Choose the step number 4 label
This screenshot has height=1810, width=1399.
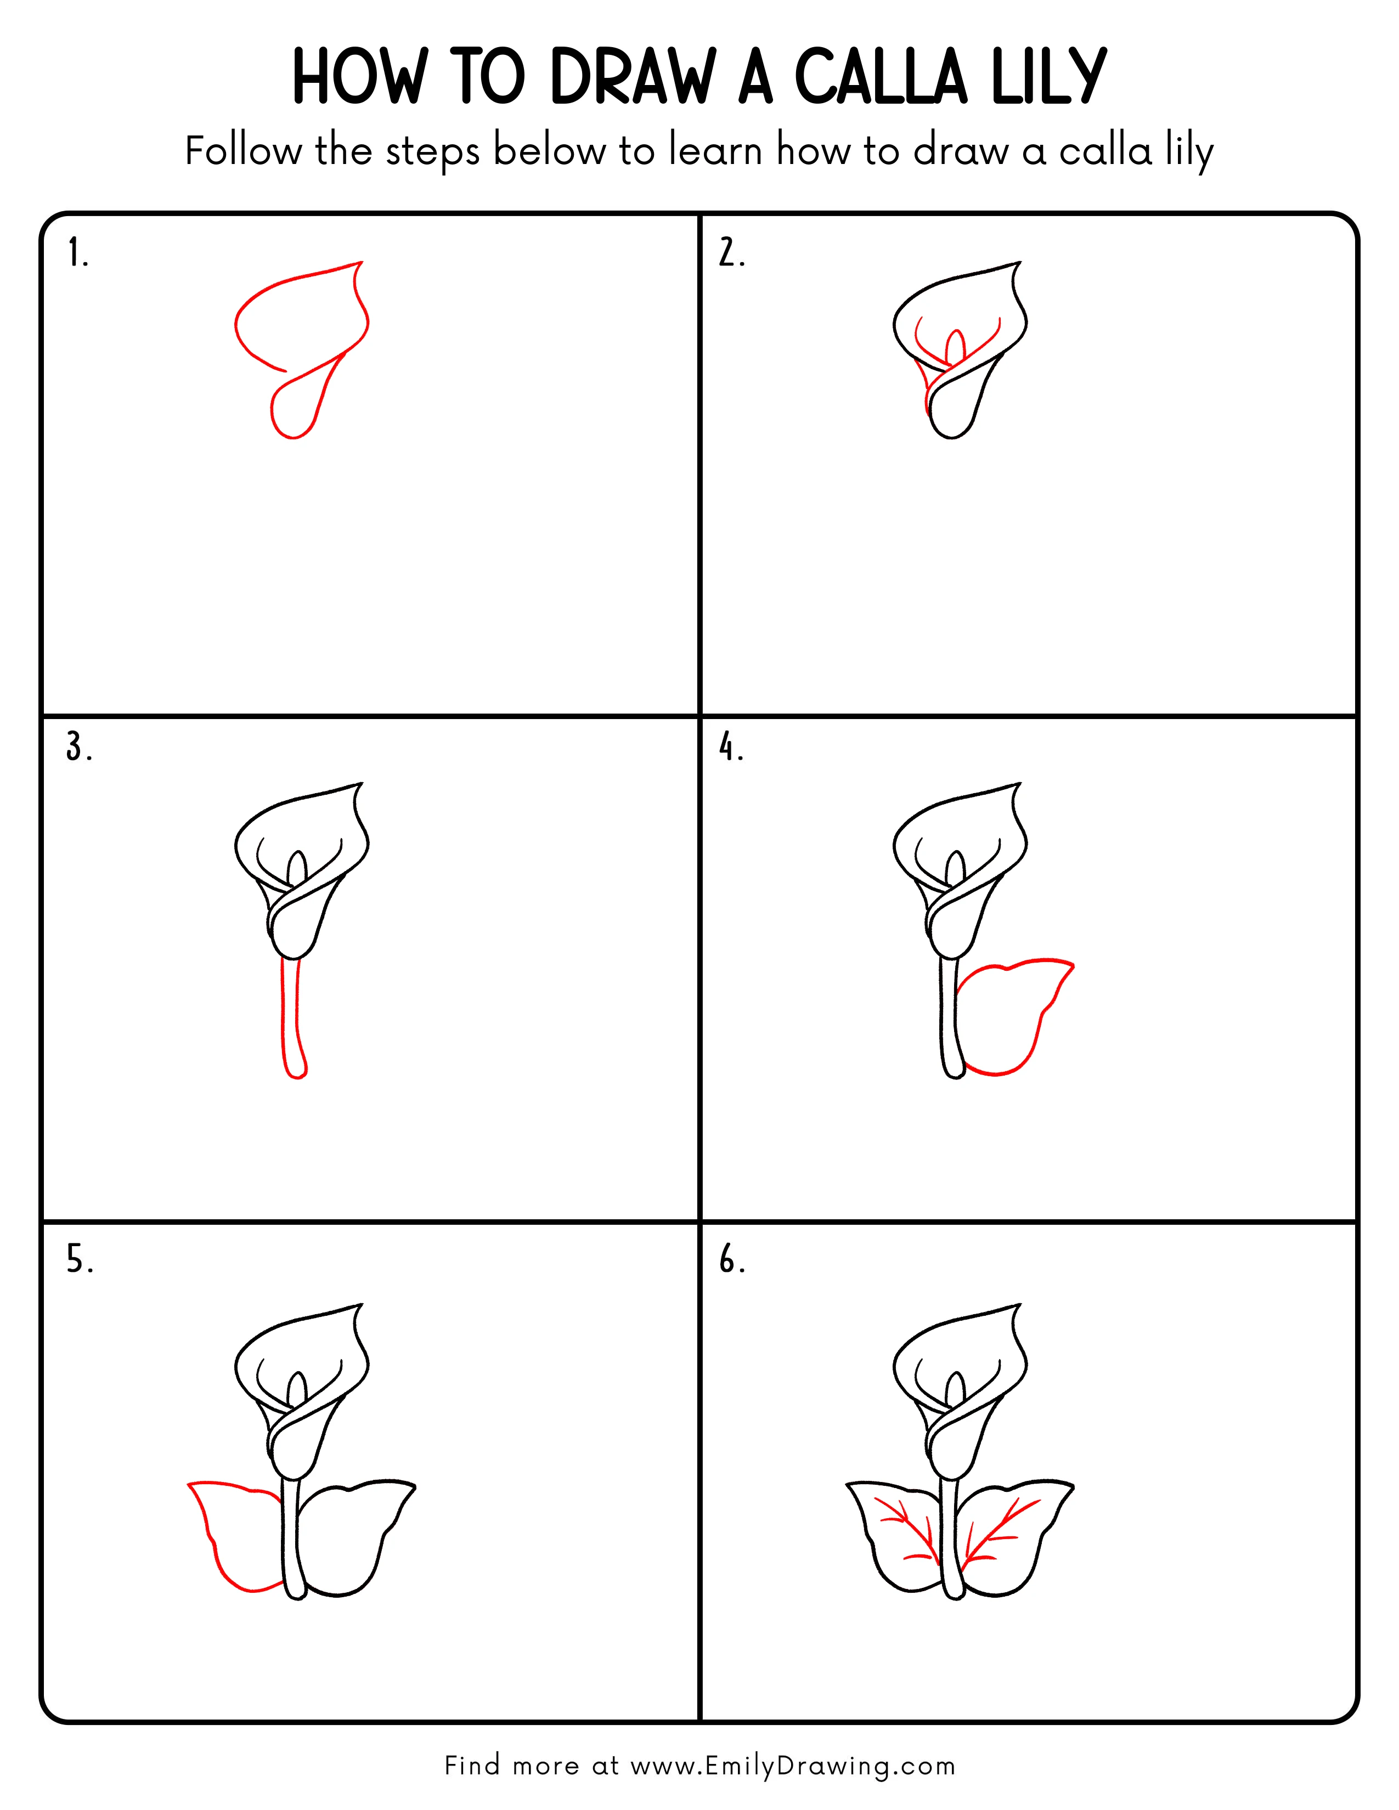731,748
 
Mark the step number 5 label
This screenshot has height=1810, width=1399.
79,1260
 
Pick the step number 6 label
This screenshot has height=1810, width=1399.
731,1260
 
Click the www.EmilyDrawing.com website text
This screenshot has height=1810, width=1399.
792,1766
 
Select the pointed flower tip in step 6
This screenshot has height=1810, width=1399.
1018,1308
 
